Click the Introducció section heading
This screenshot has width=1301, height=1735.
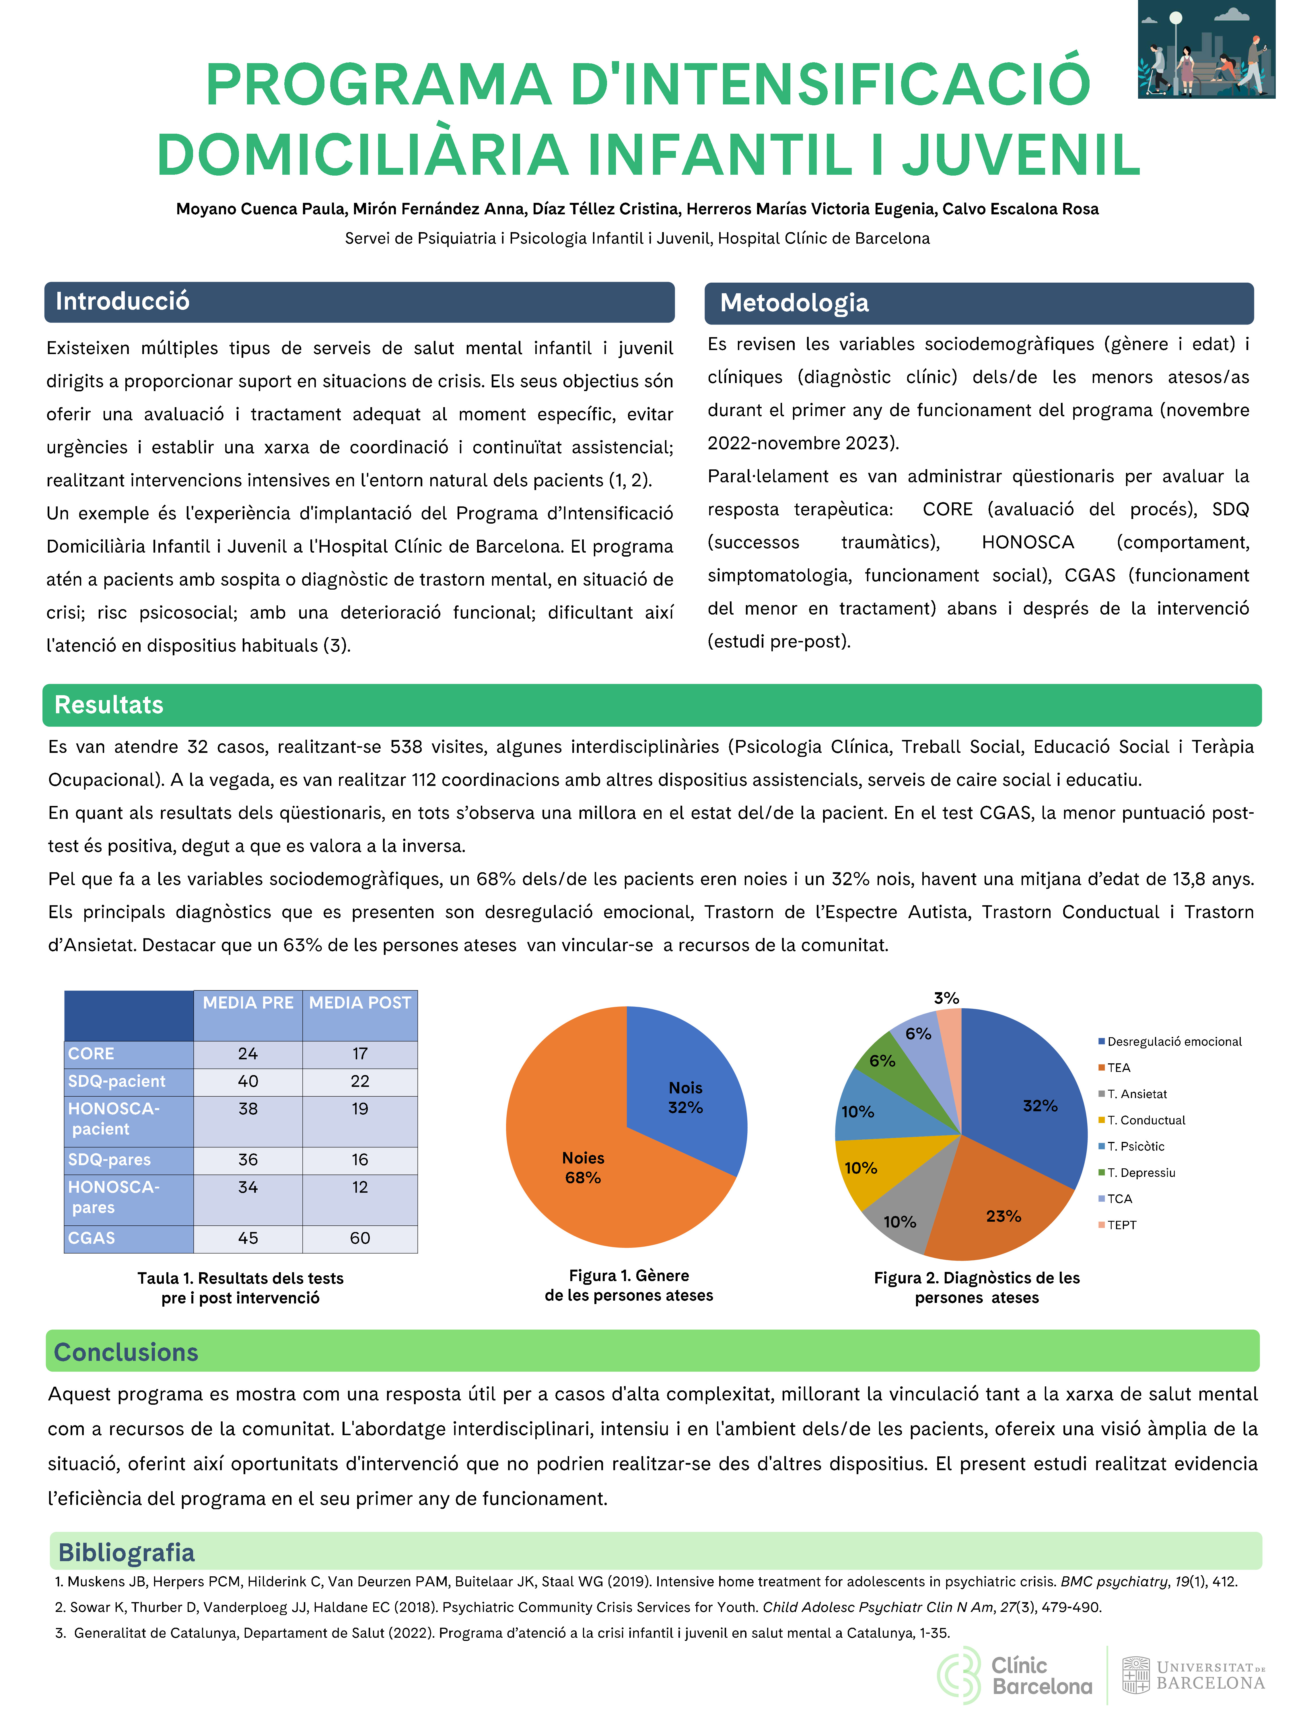point(122,301)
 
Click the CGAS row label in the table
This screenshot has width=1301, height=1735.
point(92,1238)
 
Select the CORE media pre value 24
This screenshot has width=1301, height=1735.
point(248,1053)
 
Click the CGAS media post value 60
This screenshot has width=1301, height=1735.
point(360,1238)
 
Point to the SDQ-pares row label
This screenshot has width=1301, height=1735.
point(109,1159)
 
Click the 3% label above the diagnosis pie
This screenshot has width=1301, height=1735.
point(946,998)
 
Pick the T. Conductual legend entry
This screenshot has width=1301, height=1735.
point(1145,1120)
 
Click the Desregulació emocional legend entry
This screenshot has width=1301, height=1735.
point(1173,1042)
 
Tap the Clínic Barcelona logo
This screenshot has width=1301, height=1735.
point(1015,1675)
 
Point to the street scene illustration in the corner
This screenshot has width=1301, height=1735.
point(1206,49)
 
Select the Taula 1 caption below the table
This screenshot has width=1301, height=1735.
point(240,1288)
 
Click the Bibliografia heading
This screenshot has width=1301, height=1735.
point(126,1552)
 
